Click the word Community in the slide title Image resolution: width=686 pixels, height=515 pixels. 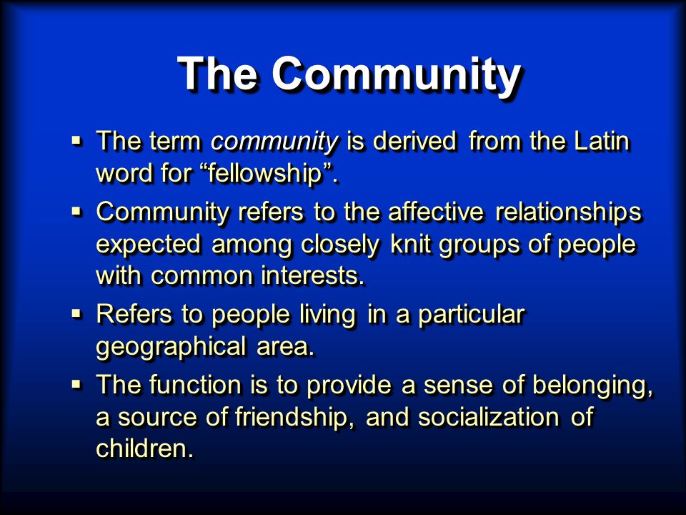coord(397,74)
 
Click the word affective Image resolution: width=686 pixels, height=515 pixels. coord(436,212)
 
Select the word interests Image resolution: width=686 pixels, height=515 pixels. coord(312,276)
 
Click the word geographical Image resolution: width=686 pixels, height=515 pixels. coord(171,348)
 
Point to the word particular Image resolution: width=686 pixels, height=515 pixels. coord(471,315)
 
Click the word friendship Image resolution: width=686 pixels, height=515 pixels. coord(294,418)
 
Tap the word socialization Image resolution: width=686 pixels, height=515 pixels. coord(488,416)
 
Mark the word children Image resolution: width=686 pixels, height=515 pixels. coord(145,448)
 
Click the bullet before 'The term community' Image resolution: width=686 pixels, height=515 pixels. coord(76,141)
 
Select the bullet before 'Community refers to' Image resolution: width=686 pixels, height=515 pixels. coord(76,212)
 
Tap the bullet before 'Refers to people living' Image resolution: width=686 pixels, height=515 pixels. coord(76,314)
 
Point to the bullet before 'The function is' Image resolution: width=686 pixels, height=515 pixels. coord(76,385)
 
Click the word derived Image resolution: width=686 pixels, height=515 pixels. coord(414,141)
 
